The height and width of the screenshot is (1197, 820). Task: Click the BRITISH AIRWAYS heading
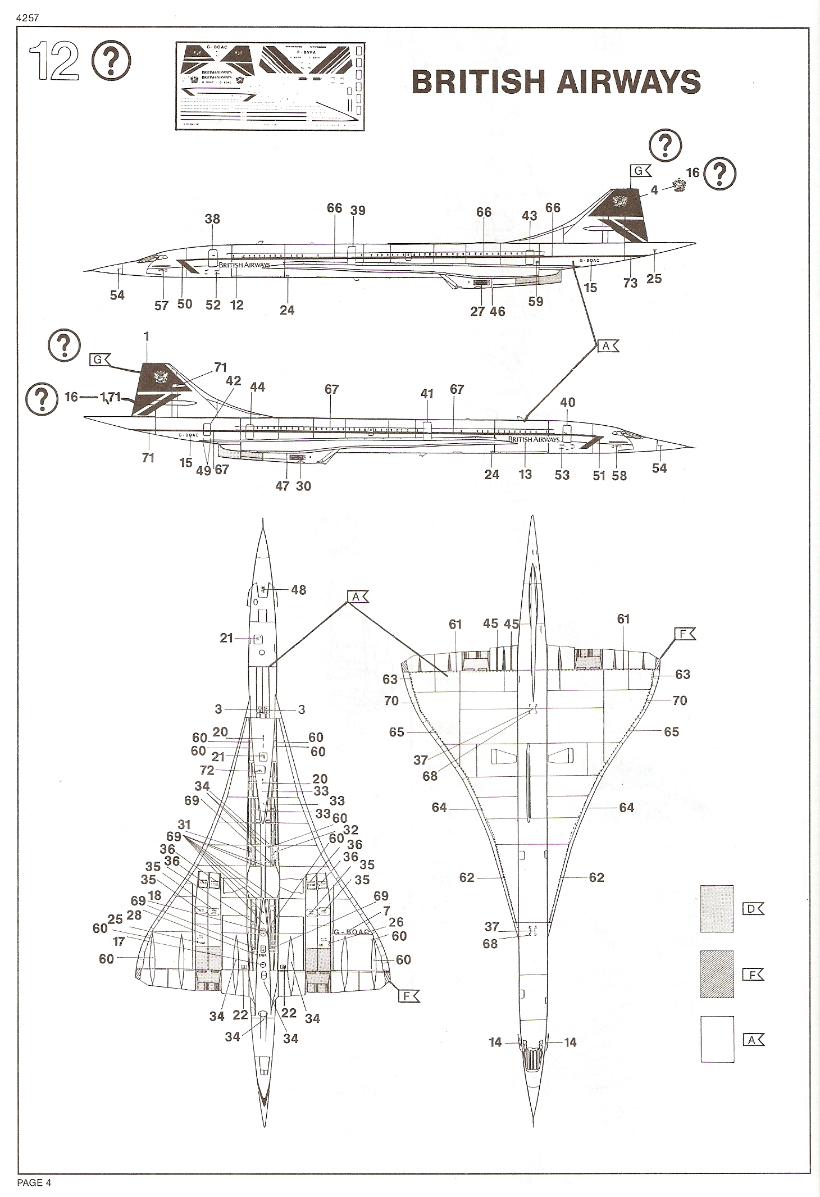click(x=555, y=82)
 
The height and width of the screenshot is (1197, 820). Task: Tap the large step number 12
click(x=54, y=62)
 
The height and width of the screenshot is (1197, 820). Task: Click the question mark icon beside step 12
click(x=111, y=62)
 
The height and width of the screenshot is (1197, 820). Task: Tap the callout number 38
click(x=212, y=219)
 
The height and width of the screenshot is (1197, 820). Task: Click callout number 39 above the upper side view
click(x=358, y=211)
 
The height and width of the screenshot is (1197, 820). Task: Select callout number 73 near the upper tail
click(x=630, y=283)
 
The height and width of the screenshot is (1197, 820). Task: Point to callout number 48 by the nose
click(x=299, y=590)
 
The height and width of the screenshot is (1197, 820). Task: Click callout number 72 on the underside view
click(x=207, y=770)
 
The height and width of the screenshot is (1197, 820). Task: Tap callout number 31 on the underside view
click(x=184, y=825)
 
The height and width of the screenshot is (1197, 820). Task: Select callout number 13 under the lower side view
click(x=525, y=474)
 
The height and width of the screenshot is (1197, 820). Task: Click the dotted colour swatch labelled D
click(x=717, y=909)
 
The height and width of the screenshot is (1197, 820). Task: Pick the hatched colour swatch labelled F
click(x=717, y=974)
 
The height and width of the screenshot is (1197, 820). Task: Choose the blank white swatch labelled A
click(x=717, y=1039)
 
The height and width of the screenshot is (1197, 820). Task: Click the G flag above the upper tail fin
click(x=640, y=171)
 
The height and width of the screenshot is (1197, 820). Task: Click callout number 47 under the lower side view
click(x=282, y=486)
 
